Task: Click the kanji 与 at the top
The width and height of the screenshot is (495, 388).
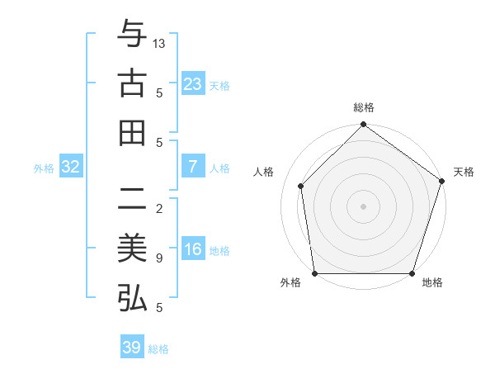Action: tap(132, 35)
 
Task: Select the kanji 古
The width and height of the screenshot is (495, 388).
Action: tap(132, 84)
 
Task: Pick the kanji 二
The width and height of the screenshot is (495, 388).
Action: tap(132, 201)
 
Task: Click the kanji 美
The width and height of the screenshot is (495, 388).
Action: tap(132, 249)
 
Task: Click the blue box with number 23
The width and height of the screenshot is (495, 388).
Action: tap(192, 84)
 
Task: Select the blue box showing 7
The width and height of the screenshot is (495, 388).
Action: tap(192, 167)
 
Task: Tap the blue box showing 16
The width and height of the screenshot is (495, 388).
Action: tap(192, 250)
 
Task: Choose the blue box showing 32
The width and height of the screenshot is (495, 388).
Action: tap(71, 168)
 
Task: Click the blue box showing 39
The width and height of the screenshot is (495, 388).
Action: tap(132, 348)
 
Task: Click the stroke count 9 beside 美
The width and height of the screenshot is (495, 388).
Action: tap(158, 258)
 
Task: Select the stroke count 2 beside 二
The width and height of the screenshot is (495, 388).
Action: tap(158, 209)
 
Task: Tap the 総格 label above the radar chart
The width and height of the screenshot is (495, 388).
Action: tap(363, 107)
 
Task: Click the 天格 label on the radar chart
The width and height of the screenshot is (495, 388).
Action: tap(464, 172)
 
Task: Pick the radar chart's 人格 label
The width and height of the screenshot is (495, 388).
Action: tap(265, 172)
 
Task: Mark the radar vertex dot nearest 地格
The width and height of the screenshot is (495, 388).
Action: tap(412, 273)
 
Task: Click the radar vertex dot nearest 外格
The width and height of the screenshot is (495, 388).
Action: tap(314, 273)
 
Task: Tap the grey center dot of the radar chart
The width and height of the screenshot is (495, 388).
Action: tap(363, 206)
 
